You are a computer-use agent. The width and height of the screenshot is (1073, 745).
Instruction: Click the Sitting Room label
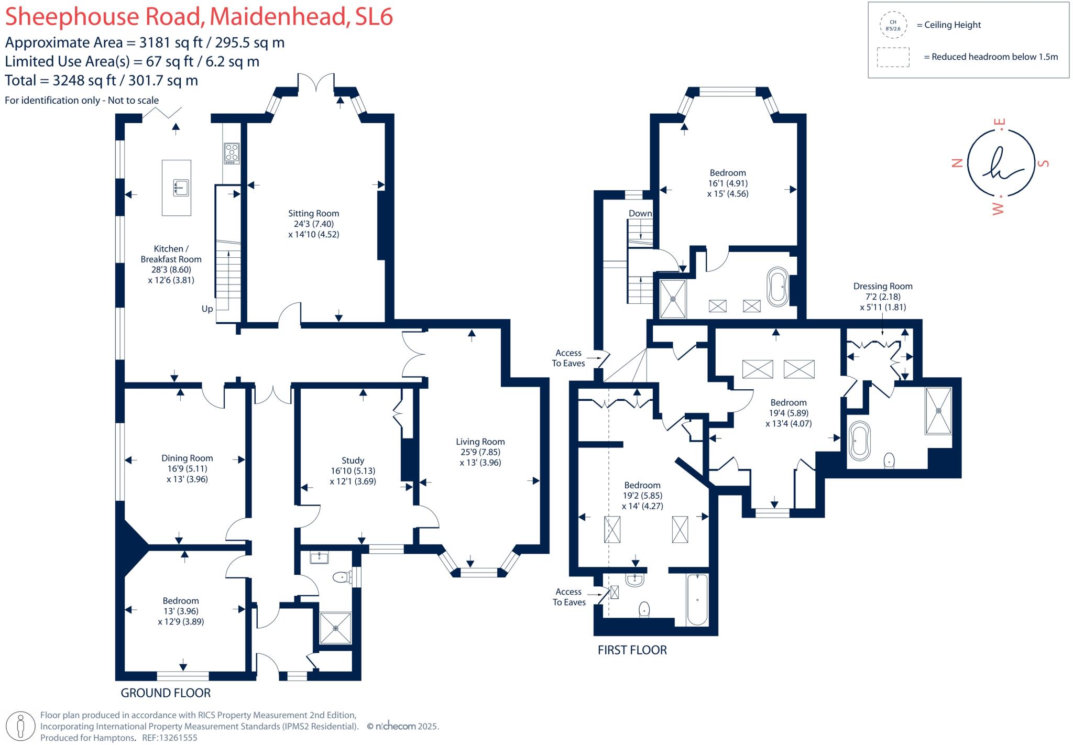313,213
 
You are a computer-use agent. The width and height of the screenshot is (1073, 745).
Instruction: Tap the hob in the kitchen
231,152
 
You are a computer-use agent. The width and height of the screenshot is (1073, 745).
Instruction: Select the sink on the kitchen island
181,187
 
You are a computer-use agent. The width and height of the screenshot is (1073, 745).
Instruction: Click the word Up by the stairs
207,309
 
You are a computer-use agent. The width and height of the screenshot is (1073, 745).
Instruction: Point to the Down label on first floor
640,213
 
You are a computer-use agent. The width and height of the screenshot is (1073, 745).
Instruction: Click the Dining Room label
187,458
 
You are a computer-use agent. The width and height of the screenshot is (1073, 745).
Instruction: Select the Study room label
353,461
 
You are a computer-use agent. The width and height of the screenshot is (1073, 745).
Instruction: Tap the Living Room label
480,442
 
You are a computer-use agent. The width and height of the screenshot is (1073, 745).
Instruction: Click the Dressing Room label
883,286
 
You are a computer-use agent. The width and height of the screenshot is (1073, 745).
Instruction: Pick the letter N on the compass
957,163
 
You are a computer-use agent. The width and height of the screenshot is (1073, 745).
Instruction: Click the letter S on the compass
1044,163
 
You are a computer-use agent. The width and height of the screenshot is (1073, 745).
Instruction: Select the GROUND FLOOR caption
166,693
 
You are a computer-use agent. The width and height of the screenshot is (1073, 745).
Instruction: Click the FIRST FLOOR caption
632,650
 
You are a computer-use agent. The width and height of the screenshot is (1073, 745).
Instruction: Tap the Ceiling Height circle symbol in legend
893,25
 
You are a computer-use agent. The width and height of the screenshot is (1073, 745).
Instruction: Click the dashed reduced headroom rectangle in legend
893,57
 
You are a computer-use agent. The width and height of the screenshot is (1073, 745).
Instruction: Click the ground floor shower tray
336,628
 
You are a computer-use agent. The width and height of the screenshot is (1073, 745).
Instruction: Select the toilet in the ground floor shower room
342,577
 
